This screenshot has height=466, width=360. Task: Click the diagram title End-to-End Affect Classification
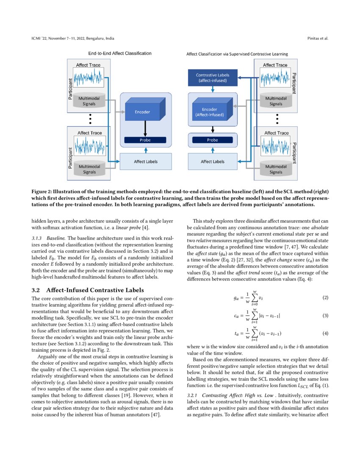point(119,54)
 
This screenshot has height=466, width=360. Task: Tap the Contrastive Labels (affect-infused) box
point(212,78)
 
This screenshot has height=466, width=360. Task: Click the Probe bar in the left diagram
point(145,140)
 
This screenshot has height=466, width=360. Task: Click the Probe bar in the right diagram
point(212,140)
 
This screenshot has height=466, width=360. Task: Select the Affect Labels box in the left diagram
point(146,161)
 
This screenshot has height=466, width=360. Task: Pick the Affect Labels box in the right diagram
point(212,161)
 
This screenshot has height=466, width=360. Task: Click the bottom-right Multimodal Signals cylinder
point(275,169)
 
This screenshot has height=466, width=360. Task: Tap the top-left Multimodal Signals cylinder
point(89,101)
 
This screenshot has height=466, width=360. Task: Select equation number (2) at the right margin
point(325,298)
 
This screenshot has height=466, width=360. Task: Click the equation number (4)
point(325,333)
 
